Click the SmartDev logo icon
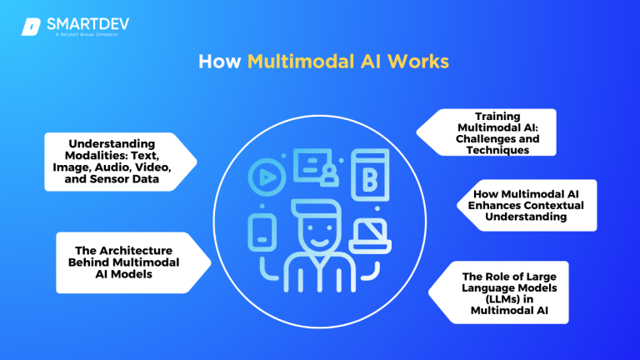[x=31, y=26]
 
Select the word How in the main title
[x=221, y=63]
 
